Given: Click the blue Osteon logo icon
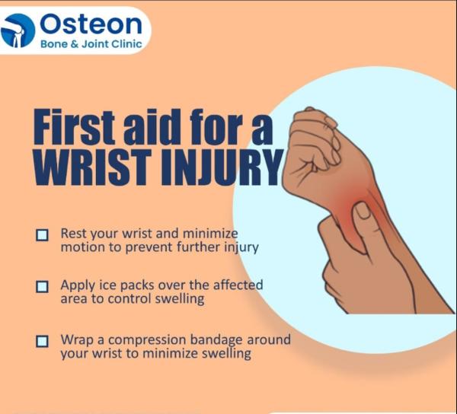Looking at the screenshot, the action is pyautogui.click(x=18, y=30).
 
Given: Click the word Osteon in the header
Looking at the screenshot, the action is pyautogui.click(x=91, y=24).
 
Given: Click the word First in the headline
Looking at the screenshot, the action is pyautogui.click(x=75, y=126).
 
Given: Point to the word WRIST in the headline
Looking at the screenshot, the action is pyautogui.click(x=92, y=167).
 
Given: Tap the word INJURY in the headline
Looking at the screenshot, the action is pyautogui.click(x=222, y=167).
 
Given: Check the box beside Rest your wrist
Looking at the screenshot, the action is pyautogui.click(x=42, y=235).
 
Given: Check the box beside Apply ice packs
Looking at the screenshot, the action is pyautogui.click(x=42, y=287).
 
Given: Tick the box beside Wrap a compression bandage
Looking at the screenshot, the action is pyautogui.click(x=42, y=341).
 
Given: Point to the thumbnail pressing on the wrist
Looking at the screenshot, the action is pyautogui.click(x=363, y=210).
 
